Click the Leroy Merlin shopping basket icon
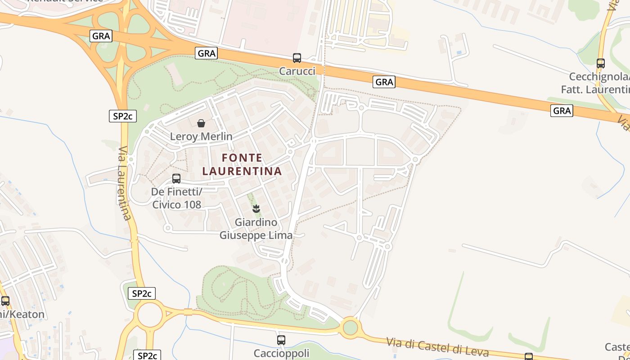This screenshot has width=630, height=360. coord(201,123)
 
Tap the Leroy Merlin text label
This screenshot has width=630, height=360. coord(201,136)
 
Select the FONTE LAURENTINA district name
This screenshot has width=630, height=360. coord(242,164)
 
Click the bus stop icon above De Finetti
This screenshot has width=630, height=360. coord(176,179)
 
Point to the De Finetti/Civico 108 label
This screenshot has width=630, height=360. coord(176,198)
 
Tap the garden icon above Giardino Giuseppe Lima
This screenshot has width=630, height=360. coord(256,208)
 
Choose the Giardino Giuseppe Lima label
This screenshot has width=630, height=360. coord(256,229)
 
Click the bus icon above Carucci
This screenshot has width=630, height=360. coord(297,58)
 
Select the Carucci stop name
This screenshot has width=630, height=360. coord(297,71)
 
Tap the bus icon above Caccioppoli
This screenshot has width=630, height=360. coord(281,340)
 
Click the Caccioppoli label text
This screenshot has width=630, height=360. coord(281,353)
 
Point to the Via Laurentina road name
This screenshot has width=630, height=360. coord(125,183)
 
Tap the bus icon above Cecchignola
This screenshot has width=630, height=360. coord(601,63)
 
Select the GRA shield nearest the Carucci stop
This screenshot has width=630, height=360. coord(207,53)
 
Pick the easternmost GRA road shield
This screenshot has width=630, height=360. coord(562,110)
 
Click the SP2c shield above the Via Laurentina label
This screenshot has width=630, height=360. coord(122,116)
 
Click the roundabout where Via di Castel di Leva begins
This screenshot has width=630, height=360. coord(350,327)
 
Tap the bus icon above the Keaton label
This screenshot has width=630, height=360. coord(5,301)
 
